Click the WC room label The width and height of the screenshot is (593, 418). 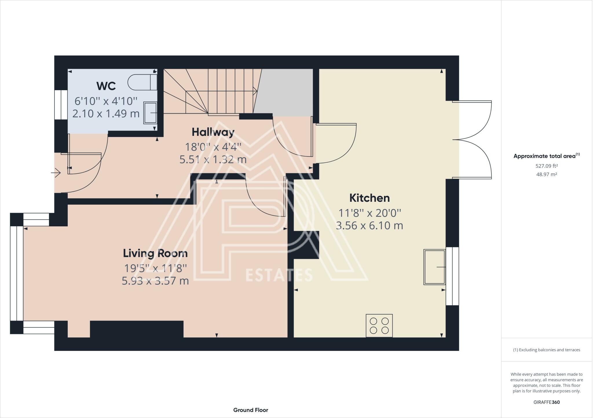click(106, 86)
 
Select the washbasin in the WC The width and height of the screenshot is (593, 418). click(150, 113)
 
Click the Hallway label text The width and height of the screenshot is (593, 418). click(213, 132)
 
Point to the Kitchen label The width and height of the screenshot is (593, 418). click(369, 198)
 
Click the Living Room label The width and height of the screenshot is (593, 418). click(155, 253)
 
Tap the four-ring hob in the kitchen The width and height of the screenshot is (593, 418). click(379, 325)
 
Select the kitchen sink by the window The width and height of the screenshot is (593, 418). click(435, 267)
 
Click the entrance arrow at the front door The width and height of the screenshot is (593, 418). click(56, 173)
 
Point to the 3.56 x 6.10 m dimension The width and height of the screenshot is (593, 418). click(369, 225)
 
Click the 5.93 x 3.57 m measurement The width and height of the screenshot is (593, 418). click(155, 281)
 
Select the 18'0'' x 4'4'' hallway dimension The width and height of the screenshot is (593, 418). click(213, 147)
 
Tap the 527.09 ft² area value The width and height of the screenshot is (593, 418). click(547, 166)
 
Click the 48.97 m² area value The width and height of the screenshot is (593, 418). click(547, 174)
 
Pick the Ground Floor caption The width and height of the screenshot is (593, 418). click(251, 410)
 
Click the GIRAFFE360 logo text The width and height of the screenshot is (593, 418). click(547, 402)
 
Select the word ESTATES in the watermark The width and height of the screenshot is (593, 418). click(279, 275)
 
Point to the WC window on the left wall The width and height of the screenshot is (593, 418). click(61, 105)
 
